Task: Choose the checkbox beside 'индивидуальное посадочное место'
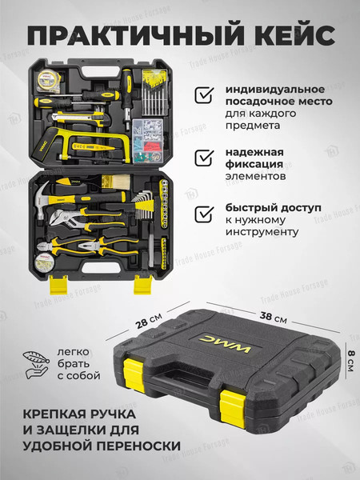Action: pyautogui.click(x=204, y=96)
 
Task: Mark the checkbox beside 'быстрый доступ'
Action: pyautogui.click(x=204, y=214)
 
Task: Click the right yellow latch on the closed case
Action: pyautogui.click(x=229, y=406)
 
